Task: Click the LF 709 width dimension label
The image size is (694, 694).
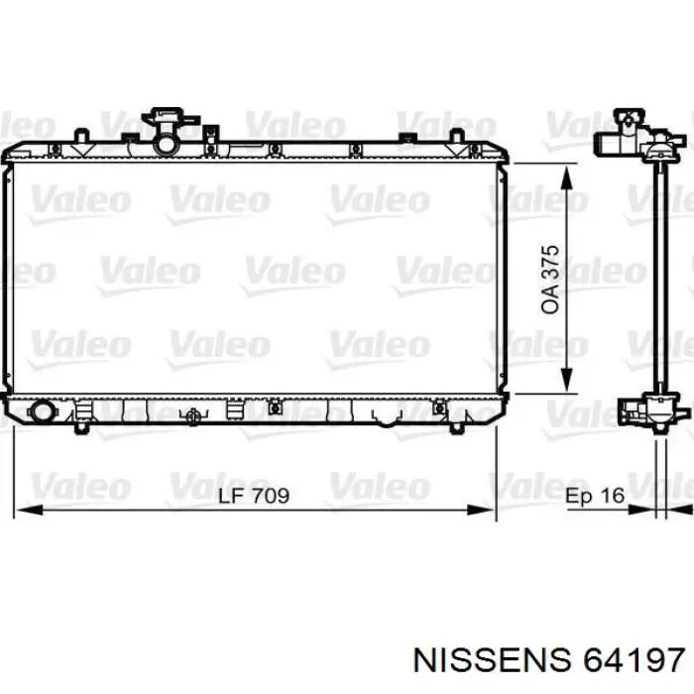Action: coord(254,496)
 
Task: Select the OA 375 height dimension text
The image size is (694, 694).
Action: coord(550,280)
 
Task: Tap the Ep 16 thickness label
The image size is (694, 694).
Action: coord(595,496)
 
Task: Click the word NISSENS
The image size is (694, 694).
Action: coord(492,661)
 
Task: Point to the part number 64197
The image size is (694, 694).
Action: coord(634,661)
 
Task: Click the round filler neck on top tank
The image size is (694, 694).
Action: coord(166,144)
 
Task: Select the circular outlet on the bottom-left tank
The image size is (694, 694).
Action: coord(42,411)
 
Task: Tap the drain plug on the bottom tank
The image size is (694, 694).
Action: coord(193,416)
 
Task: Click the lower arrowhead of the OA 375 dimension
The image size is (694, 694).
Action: coord(566,380)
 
